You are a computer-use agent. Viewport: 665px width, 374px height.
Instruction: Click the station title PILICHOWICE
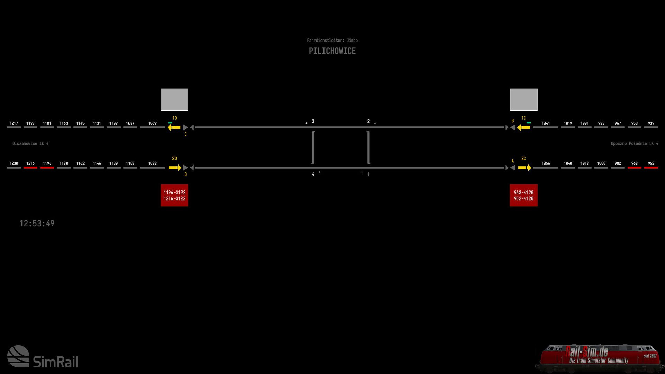pos(332,51)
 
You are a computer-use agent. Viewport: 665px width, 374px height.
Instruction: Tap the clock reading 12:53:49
pos(37,223)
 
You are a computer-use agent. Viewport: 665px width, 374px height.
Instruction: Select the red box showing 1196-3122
pos(174,195)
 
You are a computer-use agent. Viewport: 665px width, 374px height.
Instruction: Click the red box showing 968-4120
pos(523,195)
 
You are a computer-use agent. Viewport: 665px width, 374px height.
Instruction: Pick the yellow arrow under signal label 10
pos(174,127)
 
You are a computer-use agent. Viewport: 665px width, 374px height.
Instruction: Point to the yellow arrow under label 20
pos(175,168)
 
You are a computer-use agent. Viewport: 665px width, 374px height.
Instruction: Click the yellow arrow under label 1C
pos(523,127)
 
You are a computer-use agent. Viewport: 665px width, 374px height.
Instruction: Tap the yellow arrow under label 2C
pos(525,168)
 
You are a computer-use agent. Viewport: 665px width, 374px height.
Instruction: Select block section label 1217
pos(14,123)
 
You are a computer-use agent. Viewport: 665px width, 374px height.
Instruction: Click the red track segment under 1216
pos(30,168)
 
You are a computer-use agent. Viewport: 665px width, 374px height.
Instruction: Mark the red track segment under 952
pos(651,168)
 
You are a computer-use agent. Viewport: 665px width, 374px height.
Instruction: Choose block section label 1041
pos(546,123)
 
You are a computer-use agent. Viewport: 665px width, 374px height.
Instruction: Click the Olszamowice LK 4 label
pos(30,143)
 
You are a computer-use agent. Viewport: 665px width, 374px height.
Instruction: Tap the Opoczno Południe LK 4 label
pos(634,143)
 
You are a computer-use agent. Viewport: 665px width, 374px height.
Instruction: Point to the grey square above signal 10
pos(174,100)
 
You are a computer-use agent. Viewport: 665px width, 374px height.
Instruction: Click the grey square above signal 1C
pos(523,100)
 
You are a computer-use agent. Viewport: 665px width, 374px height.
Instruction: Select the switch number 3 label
pos(313,121)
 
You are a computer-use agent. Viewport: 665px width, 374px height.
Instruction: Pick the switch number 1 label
pos(368,175)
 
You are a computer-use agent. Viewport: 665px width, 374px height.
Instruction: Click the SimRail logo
pos(43,356)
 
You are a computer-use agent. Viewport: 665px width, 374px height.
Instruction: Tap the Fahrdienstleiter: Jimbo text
pos(332,41)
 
